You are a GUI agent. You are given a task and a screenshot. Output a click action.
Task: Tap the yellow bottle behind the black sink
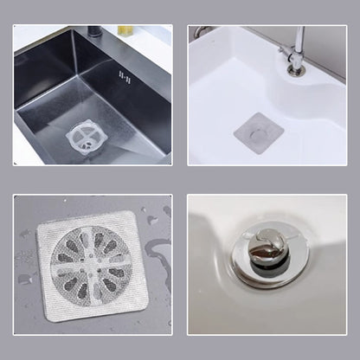coord(126,29)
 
